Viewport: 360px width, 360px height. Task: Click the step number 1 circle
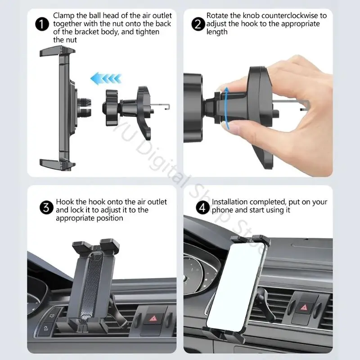(x=42, y=24)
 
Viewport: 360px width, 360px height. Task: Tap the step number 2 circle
(x=198, y=24)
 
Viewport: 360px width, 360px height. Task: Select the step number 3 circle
(x=46, y=208)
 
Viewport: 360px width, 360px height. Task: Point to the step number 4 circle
(x=203, y=208)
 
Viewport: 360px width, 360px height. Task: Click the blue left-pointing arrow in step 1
(x=106, y=78)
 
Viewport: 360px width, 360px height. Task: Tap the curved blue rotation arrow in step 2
(x=227, y=108)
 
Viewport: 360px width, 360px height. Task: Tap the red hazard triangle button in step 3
(x=153, y=319)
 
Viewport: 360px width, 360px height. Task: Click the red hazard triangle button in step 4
(x=304, y=307)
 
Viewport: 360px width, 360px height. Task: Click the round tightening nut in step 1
(x=110, y=108)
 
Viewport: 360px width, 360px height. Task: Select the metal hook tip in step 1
(x=168, y=107)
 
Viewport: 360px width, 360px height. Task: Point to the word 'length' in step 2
(x=217, y=32)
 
